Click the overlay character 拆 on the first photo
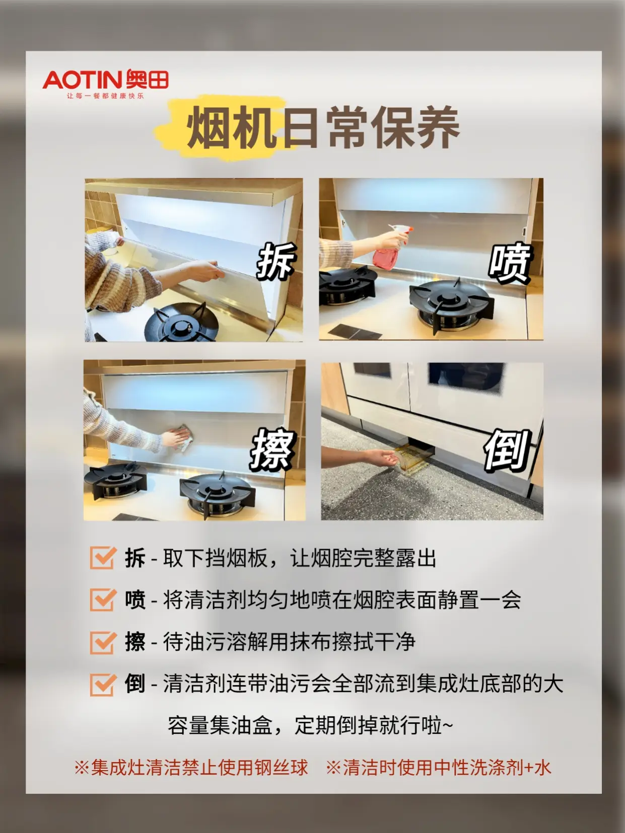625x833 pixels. click(275, 261)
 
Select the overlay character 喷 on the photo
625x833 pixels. click(509, 263)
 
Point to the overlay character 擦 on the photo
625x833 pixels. click(272, 449)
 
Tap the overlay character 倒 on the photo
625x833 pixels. click(507, 449)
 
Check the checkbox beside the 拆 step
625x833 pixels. click(102, 558)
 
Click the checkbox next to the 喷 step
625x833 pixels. click(102, 599)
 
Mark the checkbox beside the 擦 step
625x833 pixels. click(102, 642)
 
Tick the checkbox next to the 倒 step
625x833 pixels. click(102, 684)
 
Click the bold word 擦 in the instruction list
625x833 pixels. click(135, 642)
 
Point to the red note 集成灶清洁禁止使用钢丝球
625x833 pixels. click(191, 768)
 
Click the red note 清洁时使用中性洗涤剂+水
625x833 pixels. click(438, 768)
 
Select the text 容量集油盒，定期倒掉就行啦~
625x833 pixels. click(310, 725)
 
